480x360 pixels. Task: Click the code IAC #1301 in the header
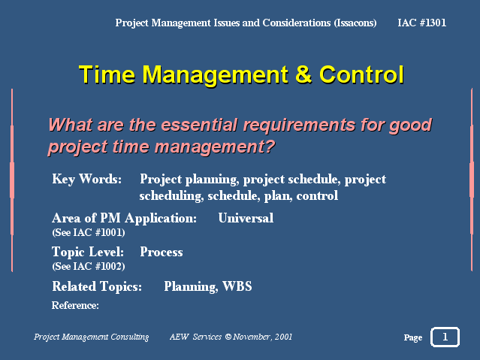pos(421,23)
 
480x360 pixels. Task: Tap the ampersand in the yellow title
pos(303,74)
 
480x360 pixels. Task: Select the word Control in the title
pos(361,74)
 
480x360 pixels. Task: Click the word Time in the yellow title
pos(107,74)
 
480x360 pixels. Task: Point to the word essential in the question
pos(199,125)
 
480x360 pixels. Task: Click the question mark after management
pos(270,147)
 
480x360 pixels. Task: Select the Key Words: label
pos(86,179)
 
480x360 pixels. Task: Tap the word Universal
pos(246,218)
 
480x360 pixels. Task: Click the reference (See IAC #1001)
pos(89,232)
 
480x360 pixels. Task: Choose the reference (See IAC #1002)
pos(89,266)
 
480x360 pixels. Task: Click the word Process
pos(162,252)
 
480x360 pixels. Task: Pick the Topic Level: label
pos(88,252)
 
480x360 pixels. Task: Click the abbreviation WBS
pos(237,286)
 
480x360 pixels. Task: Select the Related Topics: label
pos(97,286)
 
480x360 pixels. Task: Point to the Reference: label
pos(75,305)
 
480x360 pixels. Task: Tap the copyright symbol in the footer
pos(228,337)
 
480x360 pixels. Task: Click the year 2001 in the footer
pos(283,337)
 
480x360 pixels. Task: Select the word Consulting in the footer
pos(130,337)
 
